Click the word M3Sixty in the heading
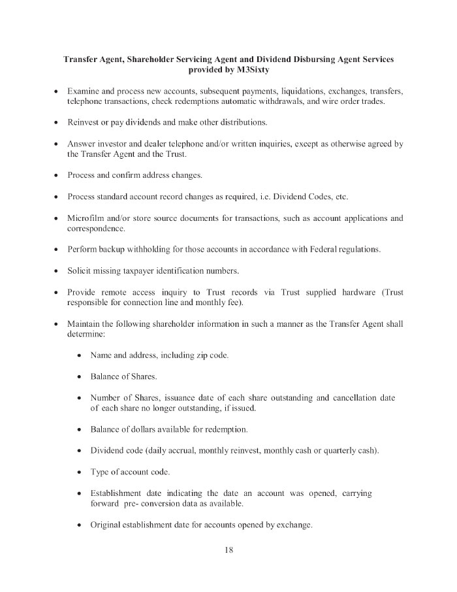click(251, 71)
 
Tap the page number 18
click(228, 550)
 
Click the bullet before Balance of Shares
click(79, 377)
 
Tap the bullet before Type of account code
click(79, 472)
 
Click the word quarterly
click(339, 451)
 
